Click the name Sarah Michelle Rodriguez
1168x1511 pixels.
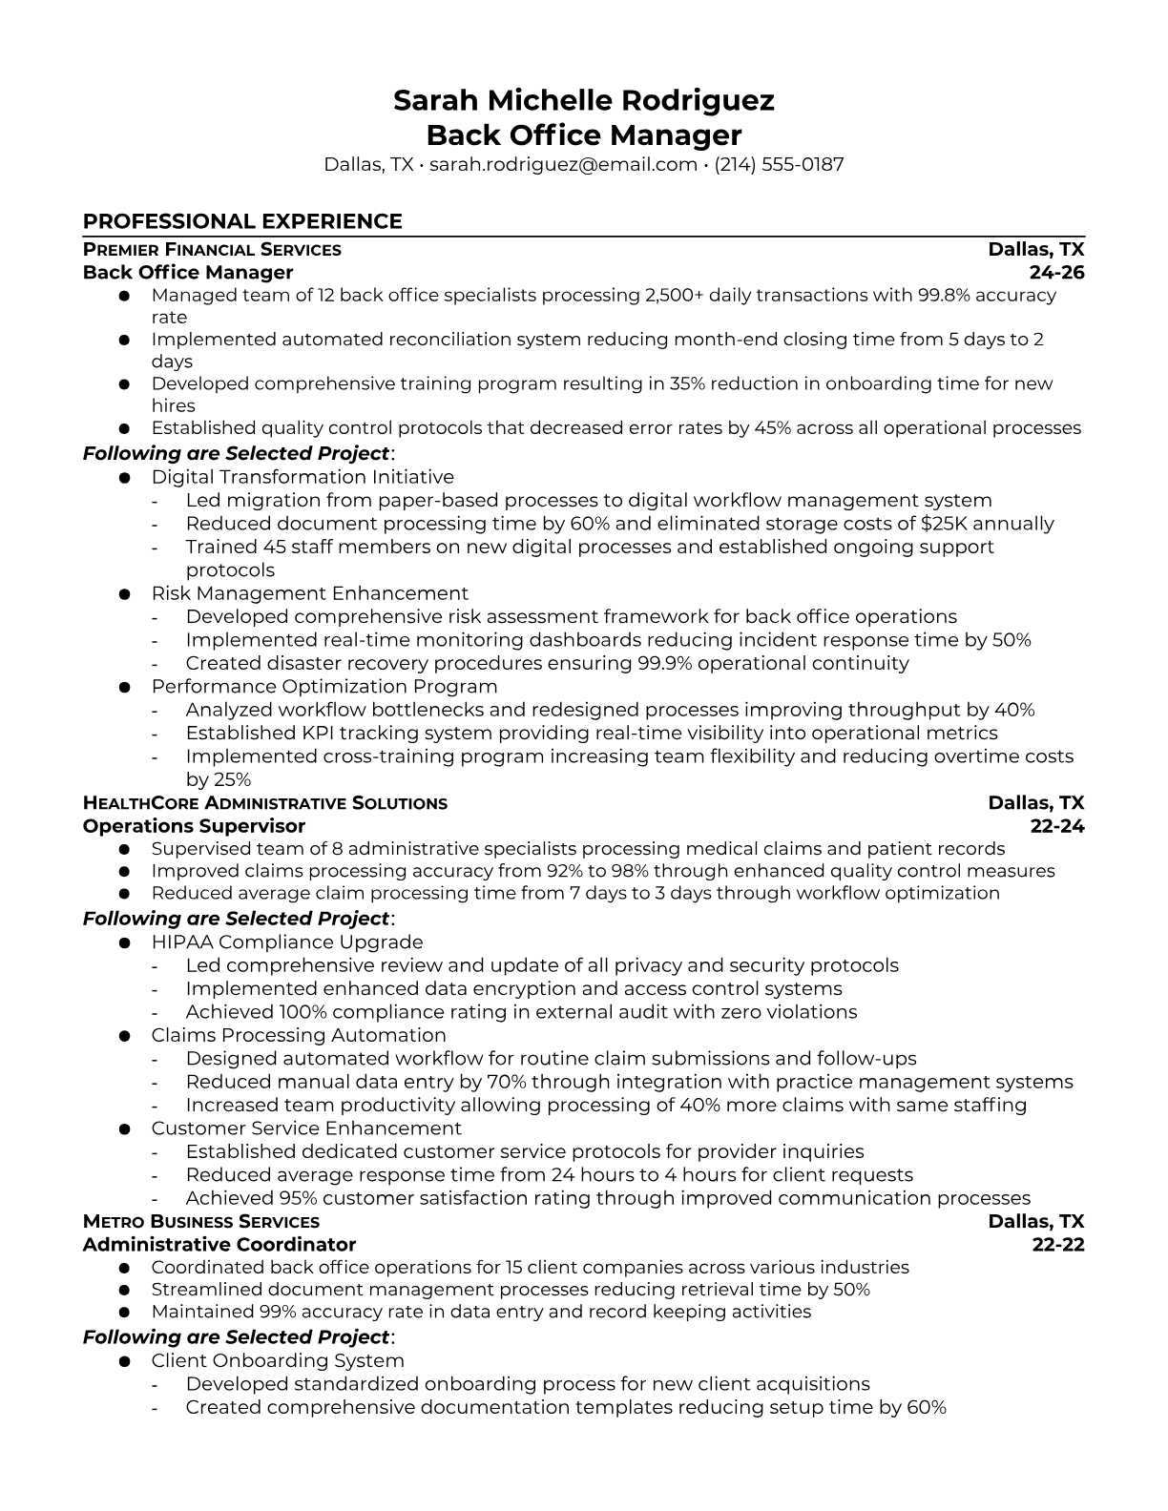[x=583, y=100]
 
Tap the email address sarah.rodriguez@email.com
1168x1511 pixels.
[x=563, y=165]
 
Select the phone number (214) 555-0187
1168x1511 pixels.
[x=779, y=165]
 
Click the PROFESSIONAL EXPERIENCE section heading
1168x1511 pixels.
[x=242, y=221]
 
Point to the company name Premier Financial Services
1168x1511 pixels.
[x=212, y=250]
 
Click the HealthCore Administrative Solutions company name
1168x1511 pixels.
[x=265, y=803]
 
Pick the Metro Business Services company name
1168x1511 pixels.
[x=201, y=1222]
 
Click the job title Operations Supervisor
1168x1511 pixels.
[x=194, y=826]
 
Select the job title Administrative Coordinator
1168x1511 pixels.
[x=219, y=1245]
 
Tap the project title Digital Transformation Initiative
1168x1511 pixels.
[x=302, y=477]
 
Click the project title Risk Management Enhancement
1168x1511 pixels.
[x=309, y=593]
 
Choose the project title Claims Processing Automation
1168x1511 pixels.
[x=299, y=1035]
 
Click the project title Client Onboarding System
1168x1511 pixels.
[x=278, y=1360]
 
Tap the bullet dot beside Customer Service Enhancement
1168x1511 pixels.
[x=124, y=1129]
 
